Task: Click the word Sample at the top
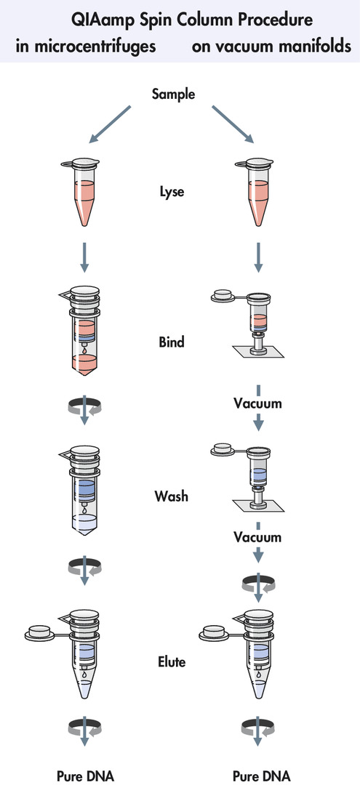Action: point(174,94)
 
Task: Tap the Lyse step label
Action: point(172,191)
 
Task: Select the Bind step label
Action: point(172,342)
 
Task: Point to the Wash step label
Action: point(172,496)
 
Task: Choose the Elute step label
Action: point(172,662)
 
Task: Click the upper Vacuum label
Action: point(258,403)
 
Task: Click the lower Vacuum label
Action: point(258,537)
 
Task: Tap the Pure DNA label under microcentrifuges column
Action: point(85,776)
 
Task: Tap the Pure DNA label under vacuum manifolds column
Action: point(260,776)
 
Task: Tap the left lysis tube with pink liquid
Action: point(81,191)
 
